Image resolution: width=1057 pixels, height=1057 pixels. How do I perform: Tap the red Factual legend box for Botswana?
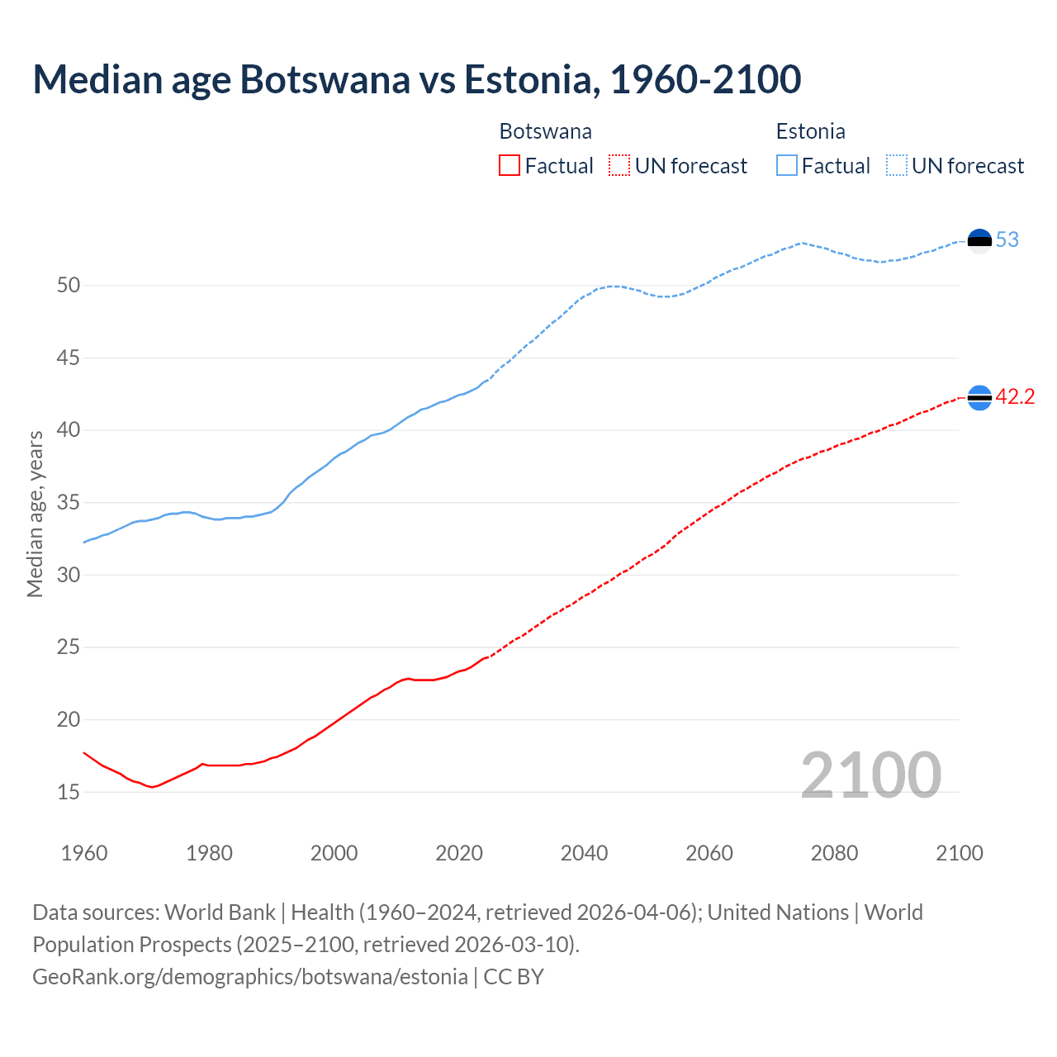coord(510,166)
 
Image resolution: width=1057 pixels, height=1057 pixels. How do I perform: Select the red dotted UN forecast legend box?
coord(619,166)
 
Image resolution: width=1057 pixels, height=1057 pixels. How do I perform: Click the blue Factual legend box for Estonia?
coord(787,166)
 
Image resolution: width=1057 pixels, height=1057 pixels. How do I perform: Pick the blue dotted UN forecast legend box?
coord(897,166)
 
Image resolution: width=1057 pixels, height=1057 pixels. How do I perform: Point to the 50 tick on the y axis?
coord(69,286)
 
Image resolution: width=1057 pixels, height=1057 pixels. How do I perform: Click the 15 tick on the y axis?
coord(69,792)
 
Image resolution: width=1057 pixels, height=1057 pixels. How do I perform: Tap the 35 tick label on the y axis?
coord(69,503)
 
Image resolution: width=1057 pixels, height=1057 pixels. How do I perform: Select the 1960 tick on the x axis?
coord(84,853)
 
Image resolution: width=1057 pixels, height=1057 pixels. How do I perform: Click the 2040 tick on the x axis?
coord(585,853)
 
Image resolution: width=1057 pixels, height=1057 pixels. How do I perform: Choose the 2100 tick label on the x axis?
coord(960,853)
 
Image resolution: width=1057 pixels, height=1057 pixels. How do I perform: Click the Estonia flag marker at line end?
coord(979,241)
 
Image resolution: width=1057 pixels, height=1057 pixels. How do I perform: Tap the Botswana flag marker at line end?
coord(979,398)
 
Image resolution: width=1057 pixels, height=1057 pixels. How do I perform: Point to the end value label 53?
coord(1007,240)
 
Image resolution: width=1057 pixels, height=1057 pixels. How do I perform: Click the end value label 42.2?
coord(1015,397)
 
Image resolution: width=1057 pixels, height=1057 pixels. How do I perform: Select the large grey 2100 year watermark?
coord(871,775)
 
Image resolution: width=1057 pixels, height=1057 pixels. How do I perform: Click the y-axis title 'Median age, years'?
coord(35,514)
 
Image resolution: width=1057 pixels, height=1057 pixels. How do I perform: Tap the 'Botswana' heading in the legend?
coord(545,131)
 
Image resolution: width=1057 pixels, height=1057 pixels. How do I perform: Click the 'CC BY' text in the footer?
coord(514,977)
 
